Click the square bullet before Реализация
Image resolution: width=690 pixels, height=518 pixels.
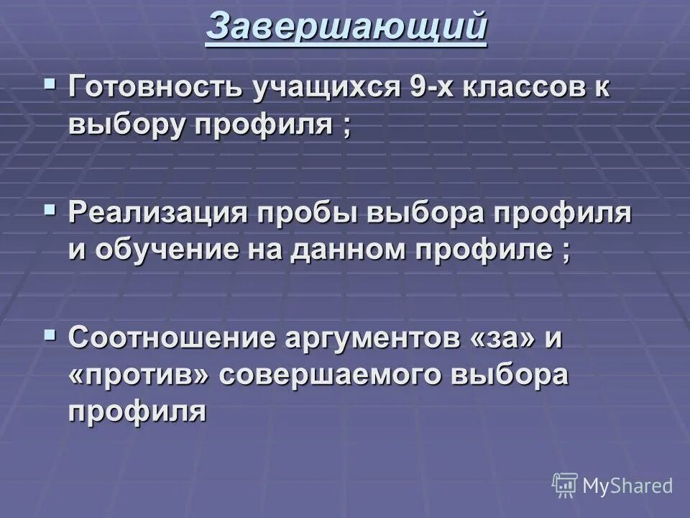[50, 209]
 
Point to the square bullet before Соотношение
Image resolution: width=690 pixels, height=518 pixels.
[50, 334]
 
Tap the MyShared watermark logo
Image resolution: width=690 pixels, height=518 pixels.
[612, 486]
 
